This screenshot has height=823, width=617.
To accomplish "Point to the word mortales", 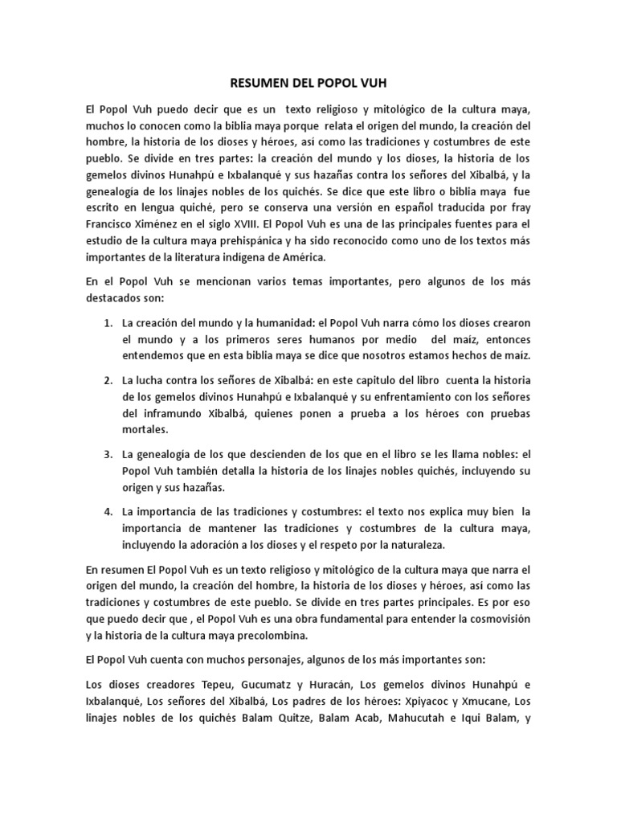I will pyautogui.click(x=144, y=431).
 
